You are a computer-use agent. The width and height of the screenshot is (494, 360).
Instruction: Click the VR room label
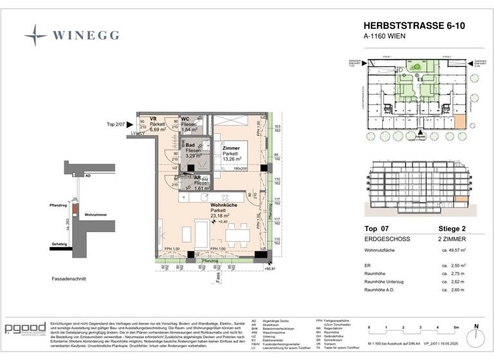point(154,119)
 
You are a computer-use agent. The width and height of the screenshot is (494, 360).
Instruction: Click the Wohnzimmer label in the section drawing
point(96,215)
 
